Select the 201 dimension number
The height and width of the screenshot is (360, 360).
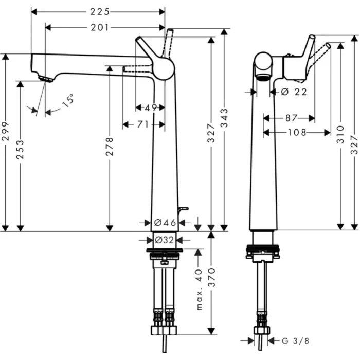pyautogui.click(x=99, y=27)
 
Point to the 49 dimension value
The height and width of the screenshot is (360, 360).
pyautogui.click(x=150, y=107)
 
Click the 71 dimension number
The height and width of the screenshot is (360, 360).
pyautogui.click(x=143, y=124)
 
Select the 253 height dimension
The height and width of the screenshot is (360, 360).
pyautogui.click(x=20, y=150)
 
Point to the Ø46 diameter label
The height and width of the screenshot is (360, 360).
pyautogui.click(x=165, y=223)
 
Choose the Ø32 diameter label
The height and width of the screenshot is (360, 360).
pyautogui.click(x=165, y=240)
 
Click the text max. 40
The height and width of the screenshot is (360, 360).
pyautogui.click(x=200, y=292)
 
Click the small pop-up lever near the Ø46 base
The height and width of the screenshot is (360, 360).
pyautogui.click(x=182, y=209)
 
